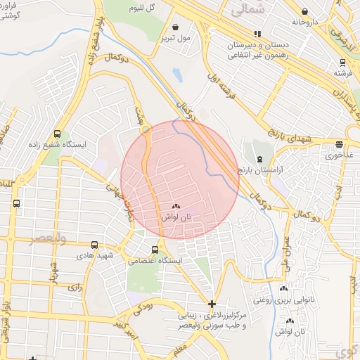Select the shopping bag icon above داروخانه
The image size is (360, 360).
click(304, 11)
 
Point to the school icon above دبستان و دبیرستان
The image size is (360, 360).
click(257, 33)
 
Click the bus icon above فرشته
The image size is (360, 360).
click(342, 61)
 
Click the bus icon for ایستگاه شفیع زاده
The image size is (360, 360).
click(56, 134)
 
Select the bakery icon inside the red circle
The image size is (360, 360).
click(175, 207)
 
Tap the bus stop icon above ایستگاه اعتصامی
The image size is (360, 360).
click(155, 250)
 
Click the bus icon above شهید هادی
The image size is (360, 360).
click(94, 245)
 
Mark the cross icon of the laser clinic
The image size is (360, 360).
click(212, 304)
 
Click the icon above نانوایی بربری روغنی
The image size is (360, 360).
click(284, 288)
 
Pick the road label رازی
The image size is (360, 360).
click(74, 288)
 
